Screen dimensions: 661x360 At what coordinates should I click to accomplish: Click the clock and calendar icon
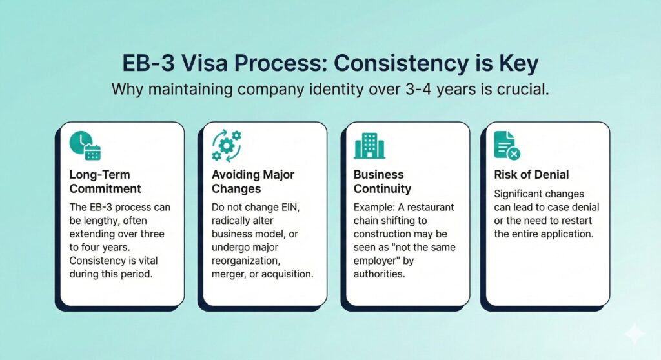[85, 145]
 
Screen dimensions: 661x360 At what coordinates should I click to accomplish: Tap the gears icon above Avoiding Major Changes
[227, 145]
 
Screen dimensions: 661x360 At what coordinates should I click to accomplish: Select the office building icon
[369, 146]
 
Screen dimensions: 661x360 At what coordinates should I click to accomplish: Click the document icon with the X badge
[507, 145]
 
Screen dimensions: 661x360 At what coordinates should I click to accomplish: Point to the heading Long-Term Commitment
[105, 182]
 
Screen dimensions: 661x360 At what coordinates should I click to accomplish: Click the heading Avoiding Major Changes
[253, 182]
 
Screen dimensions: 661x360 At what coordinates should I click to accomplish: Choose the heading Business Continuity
[382, 182]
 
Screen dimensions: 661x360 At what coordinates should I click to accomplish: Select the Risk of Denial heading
[531, 175]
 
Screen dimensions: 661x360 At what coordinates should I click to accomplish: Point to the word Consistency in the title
[401, 64]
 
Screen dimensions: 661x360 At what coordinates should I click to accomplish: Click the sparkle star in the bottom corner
[635, 334]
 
